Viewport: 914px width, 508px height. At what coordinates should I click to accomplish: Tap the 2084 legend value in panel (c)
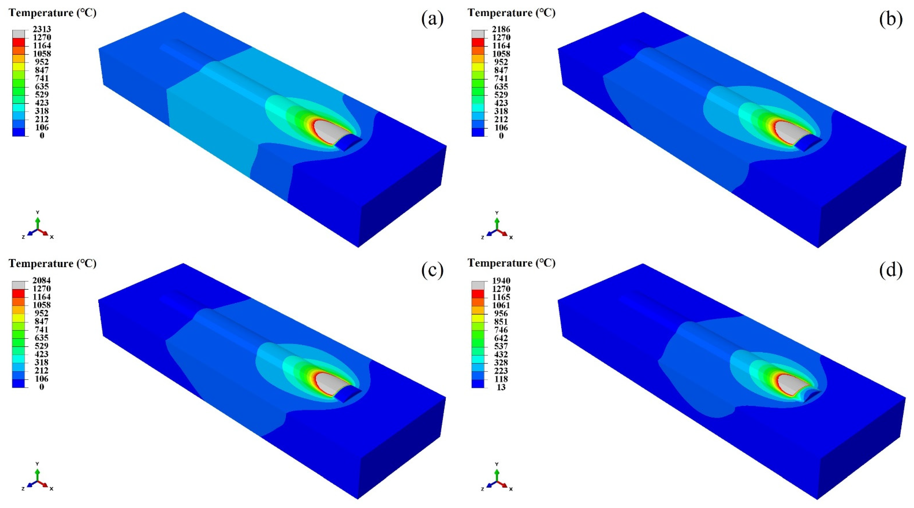[41, 280]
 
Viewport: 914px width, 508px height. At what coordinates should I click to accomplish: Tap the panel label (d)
[891, 271]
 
